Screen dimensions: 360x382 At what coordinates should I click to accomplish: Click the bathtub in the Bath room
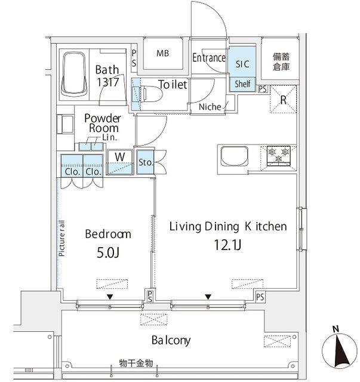pos(74,74)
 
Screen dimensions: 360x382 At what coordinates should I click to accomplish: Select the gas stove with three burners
pos(279,155)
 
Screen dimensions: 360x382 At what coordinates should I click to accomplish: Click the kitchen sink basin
pos(234,156)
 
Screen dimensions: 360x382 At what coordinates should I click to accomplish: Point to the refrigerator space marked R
pos(283,99)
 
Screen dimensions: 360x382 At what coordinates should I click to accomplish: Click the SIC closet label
pos(242,64)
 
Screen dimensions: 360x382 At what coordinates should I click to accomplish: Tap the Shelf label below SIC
pos(242,84)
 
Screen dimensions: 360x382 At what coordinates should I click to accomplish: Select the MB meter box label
pos(162,53)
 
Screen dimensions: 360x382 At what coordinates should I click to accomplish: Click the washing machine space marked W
pos(120,162)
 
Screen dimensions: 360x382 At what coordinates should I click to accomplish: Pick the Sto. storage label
pos(146,162)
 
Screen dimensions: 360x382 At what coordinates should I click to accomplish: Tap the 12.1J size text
pos(227,245)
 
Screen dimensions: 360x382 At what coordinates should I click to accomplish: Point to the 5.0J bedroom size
pos(107,253)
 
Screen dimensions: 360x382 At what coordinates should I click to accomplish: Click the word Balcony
pos(171,340)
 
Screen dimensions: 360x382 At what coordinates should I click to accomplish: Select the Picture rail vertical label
pos(62,238)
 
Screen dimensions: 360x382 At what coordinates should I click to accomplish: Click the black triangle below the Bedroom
pos(110,297)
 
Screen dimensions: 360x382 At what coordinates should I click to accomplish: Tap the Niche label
pos(210,107)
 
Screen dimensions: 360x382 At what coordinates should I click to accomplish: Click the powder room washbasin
pos(66,124)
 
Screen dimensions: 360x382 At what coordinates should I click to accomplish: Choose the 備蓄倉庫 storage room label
pos(281,61)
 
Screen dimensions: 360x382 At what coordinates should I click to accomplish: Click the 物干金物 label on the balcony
pos(136,363)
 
